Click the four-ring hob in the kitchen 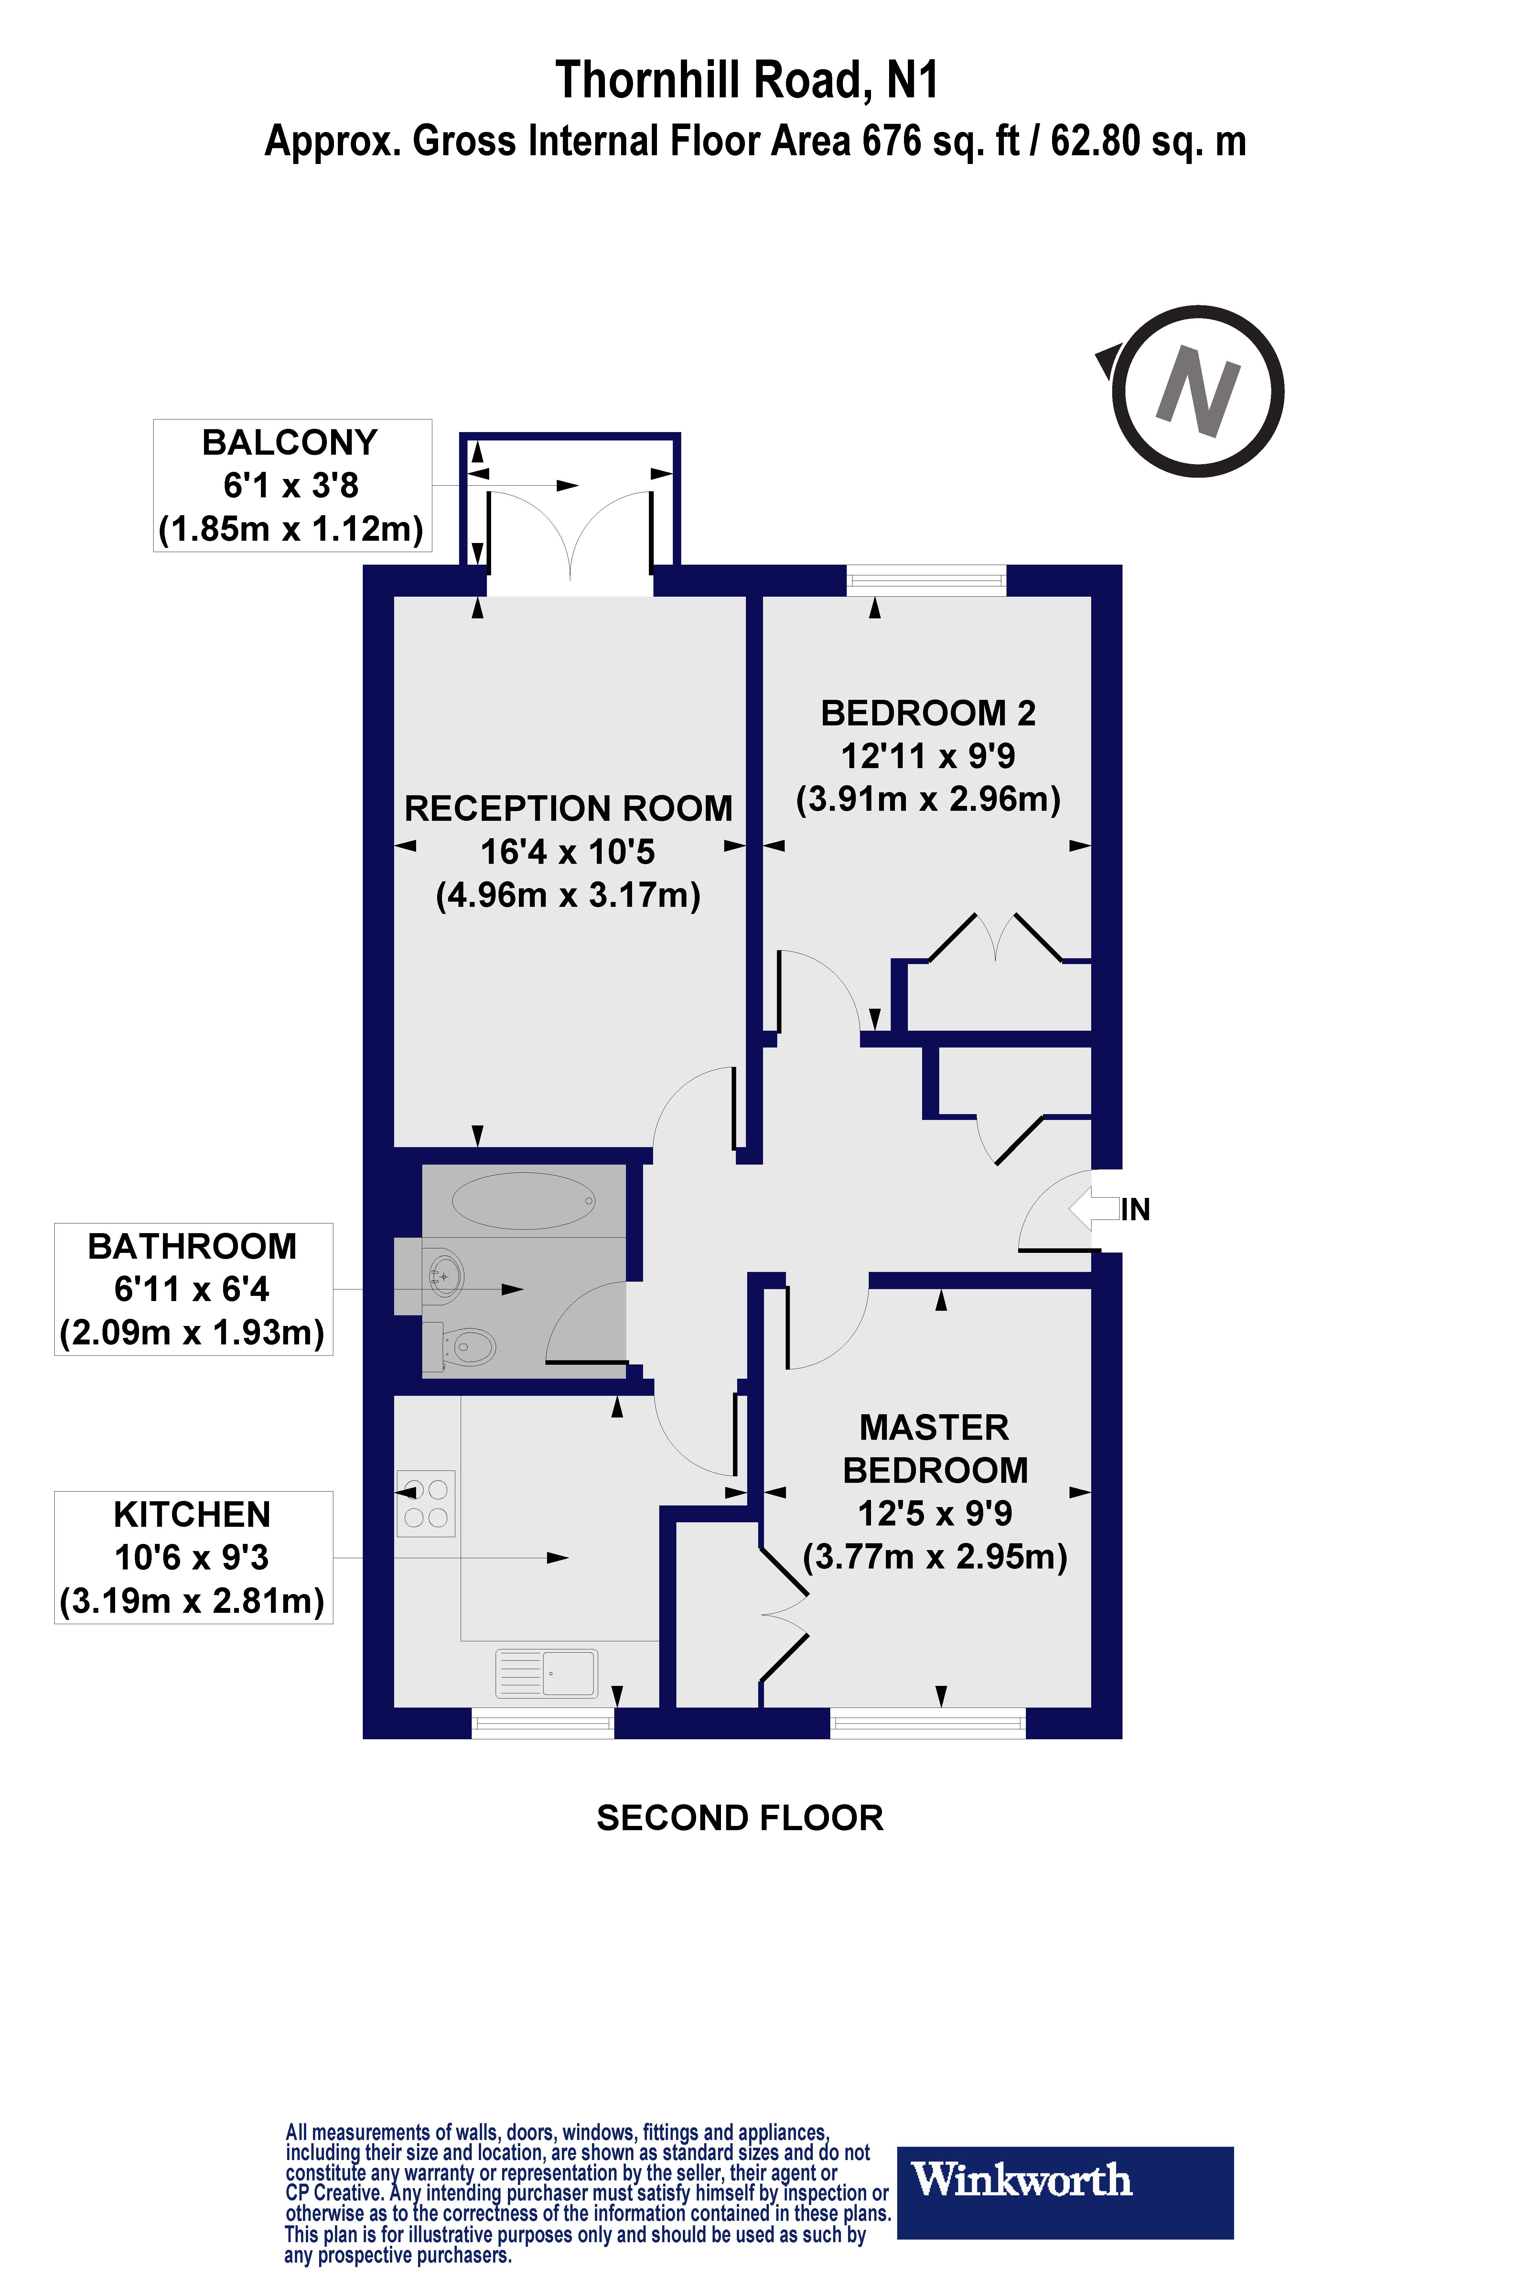pos(425,1503)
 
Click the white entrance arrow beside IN pos(1093,1210)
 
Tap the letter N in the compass pos(1198,392)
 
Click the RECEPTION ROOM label pos(568,809)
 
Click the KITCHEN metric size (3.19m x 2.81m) pos(192,1601)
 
